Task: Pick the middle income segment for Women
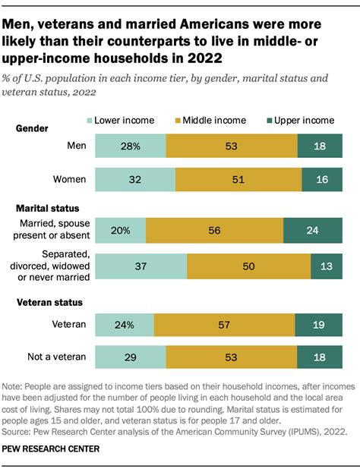click(238, 180)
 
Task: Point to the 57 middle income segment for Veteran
click(225, 325)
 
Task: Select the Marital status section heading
click(48, 207)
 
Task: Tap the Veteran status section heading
click(51, 303)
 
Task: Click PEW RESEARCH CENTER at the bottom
click(56, 449)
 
